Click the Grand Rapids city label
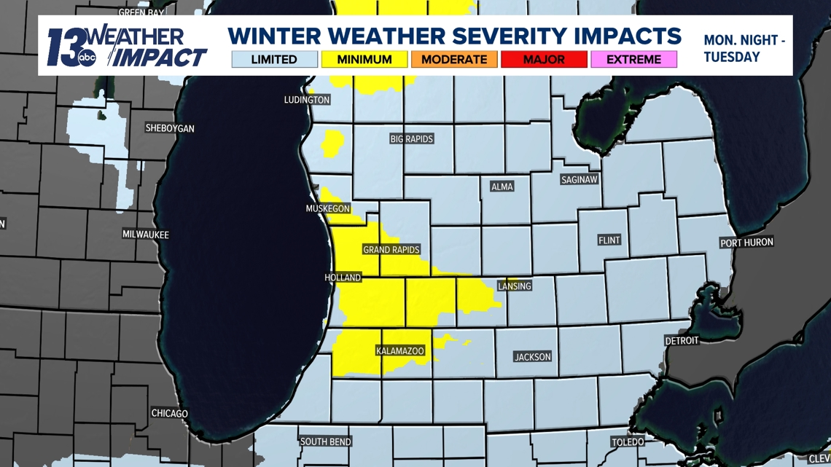391,250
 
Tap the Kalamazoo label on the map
399,351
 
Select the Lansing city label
515,286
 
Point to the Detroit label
682,340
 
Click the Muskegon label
328,209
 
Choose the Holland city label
343,278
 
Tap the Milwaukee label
146,235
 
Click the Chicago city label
169,413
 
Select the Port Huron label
746,243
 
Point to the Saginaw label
580,179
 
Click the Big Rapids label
412,138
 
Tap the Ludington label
307,100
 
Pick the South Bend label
326,442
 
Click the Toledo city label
628,442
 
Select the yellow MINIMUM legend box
364,60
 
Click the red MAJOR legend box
544,60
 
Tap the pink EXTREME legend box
633,60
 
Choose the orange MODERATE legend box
454,60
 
